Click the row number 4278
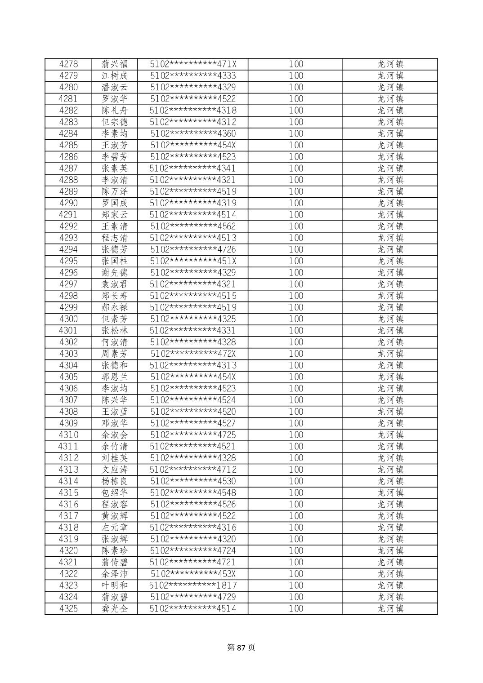click(x=68, y=64)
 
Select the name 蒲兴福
click(x=115, y=64)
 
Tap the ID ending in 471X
click(x=193, y=64)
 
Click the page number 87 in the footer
click(x=241, y=648)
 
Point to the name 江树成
click(x=115, y=75)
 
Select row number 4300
click(x=68, y=319)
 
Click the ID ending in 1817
click(x=193, y=585)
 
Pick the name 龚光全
click(x=115, y=608)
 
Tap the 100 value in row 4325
click(x=296, y=608)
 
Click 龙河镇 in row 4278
click(x=390, y=64)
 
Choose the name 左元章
click(x=115, y=528)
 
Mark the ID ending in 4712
click(x=193, y=470)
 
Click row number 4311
click(x=68, y=446)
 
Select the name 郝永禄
click(x=115, y=307)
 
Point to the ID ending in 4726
click(x=193, y=249)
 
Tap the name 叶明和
click(x=115, y=585)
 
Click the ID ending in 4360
click(x=193, y=133)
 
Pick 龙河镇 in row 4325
click(x=390, y=608)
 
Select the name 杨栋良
click(x=115, y=481)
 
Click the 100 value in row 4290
click(x=296, y=203)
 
